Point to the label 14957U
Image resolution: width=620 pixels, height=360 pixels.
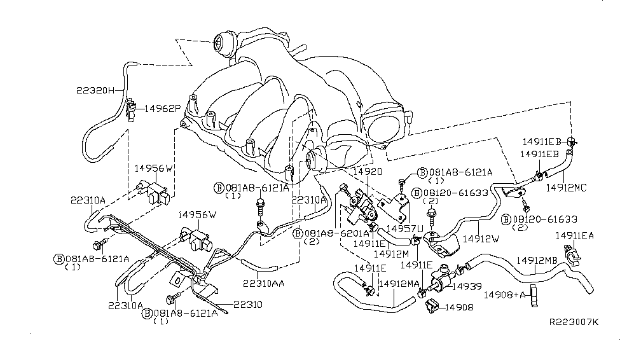pyautogui.click(x=399, y=227)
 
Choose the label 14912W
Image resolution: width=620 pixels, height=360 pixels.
pyautogui.click(x=481, y=240)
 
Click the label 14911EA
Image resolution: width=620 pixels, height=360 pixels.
pyautogui.click(x=575, y=235)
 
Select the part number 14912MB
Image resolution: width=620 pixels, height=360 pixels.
pyautogui.click(x=539, y=260)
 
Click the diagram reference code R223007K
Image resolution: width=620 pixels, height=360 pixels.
pyautogui.click(x=574, y=322)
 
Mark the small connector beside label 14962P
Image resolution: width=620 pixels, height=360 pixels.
pyautogui.click(x=132, y=109)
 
